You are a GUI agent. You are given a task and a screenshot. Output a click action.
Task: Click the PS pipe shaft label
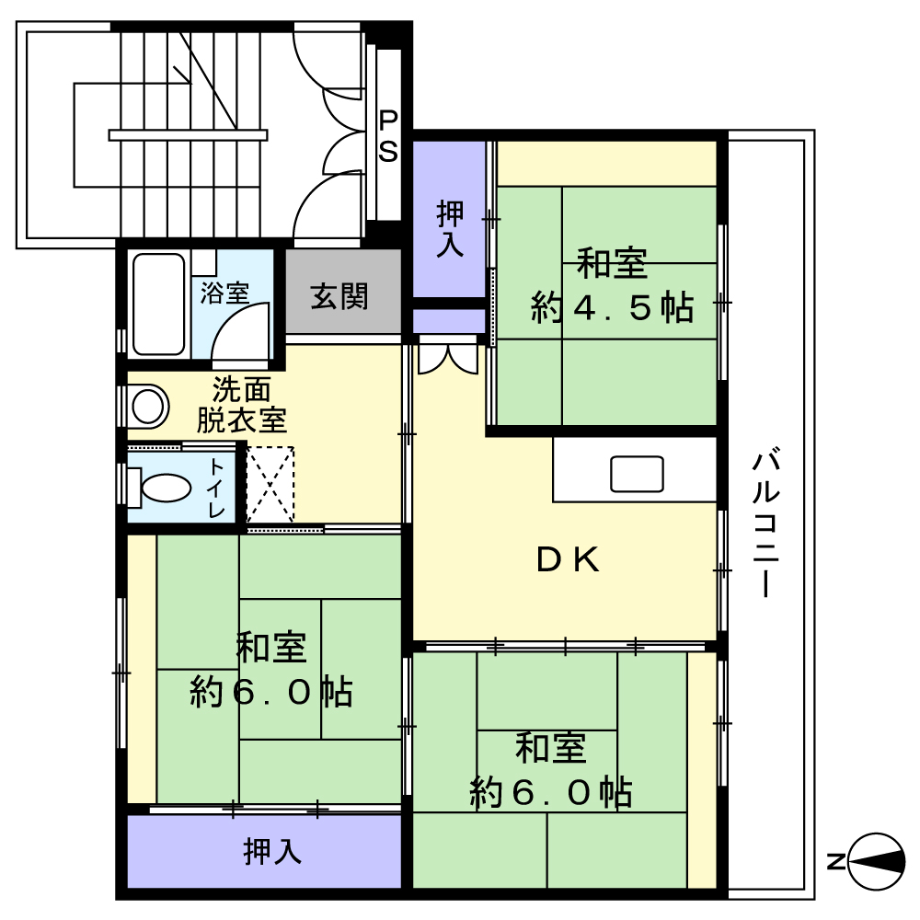(389, 135)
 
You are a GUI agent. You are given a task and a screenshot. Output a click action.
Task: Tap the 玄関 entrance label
(339, 296)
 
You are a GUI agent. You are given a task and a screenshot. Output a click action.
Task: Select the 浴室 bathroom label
(225, 293)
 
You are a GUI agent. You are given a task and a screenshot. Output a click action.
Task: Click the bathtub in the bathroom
(159, 305)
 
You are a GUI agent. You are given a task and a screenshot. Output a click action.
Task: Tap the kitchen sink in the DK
(637, 473)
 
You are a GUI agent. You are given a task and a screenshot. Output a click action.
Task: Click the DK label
(569, 560)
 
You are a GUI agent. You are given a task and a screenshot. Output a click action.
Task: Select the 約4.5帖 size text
(612, 308)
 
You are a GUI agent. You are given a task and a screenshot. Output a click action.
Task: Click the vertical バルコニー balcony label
(765, 523)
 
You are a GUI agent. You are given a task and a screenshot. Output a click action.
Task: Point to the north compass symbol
(877, 861)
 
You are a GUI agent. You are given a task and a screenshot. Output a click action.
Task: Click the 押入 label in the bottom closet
(272, 852)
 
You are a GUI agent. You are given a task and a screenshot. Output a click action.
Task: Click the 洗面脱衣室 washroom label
(242, 405)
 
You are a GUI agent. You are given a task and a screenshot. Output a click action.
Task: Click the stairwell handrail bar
(188, 135)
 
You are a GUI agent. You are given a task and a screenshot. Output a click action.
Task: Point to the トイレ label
(215, 488)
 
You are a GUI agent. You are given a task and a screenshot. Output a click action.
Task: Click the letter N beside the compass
(835, 862)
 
